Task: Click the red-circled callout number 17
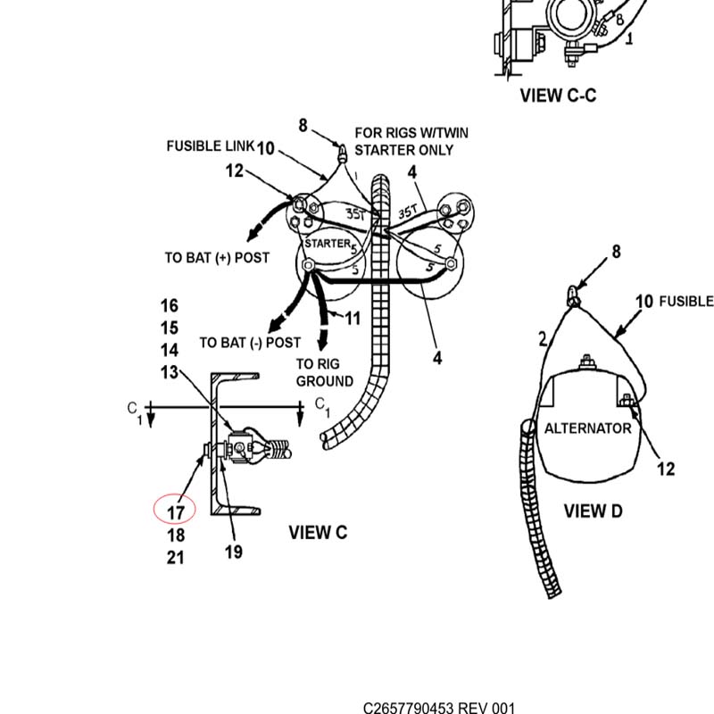tap(175, 512)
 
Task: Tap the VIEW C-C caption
tap(559, 95)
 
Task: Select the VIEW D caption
tap(593, 511)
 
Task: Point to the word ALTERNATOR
tap(588, 428)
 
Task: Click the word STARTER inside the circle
tap(328, 243)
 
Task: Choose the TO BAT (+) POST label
tap(217, 258)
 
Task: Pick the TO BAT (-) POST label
tap(250, 342)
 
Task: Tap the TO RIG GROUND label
tap(324, 372)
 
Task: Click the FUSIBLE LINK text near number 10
tap(210, 145)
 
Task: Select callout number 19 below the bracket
tap(234, 552)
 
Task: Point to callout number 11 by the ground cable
tap(352, 318)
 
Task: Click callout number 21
tap(175, 557)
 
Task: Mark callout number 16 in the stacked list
tap(169, 305)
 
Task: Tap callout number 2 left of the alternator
tap(543, 339)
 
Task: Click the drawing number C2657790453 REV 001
tap(439, 708)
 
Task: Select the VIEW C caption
tap(318, 532)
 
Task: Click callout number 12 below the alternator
tap(666, 469)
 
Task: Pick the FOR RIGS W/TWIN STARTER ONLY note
tap(411, 141)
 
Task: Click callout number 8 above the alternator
tap(616, 252)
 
